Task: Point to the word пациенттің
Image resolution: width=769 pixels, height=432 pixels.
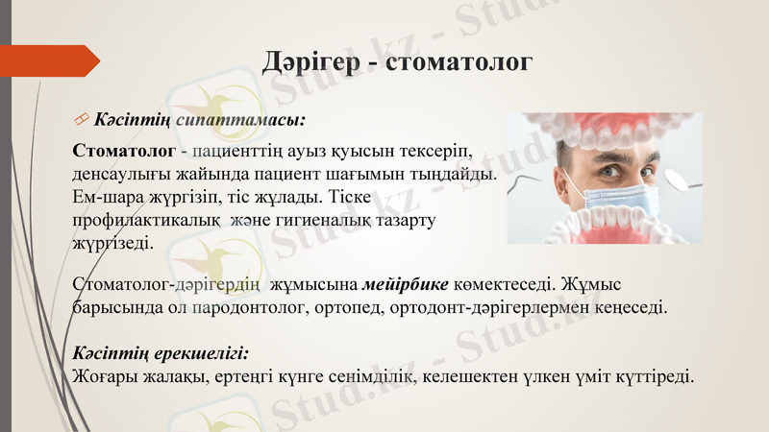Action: pyautogui.click(x=240, y=152)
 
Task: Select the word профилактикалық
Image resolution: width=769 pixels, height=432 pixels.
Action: pyautogui.click(x=143, y=221)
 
